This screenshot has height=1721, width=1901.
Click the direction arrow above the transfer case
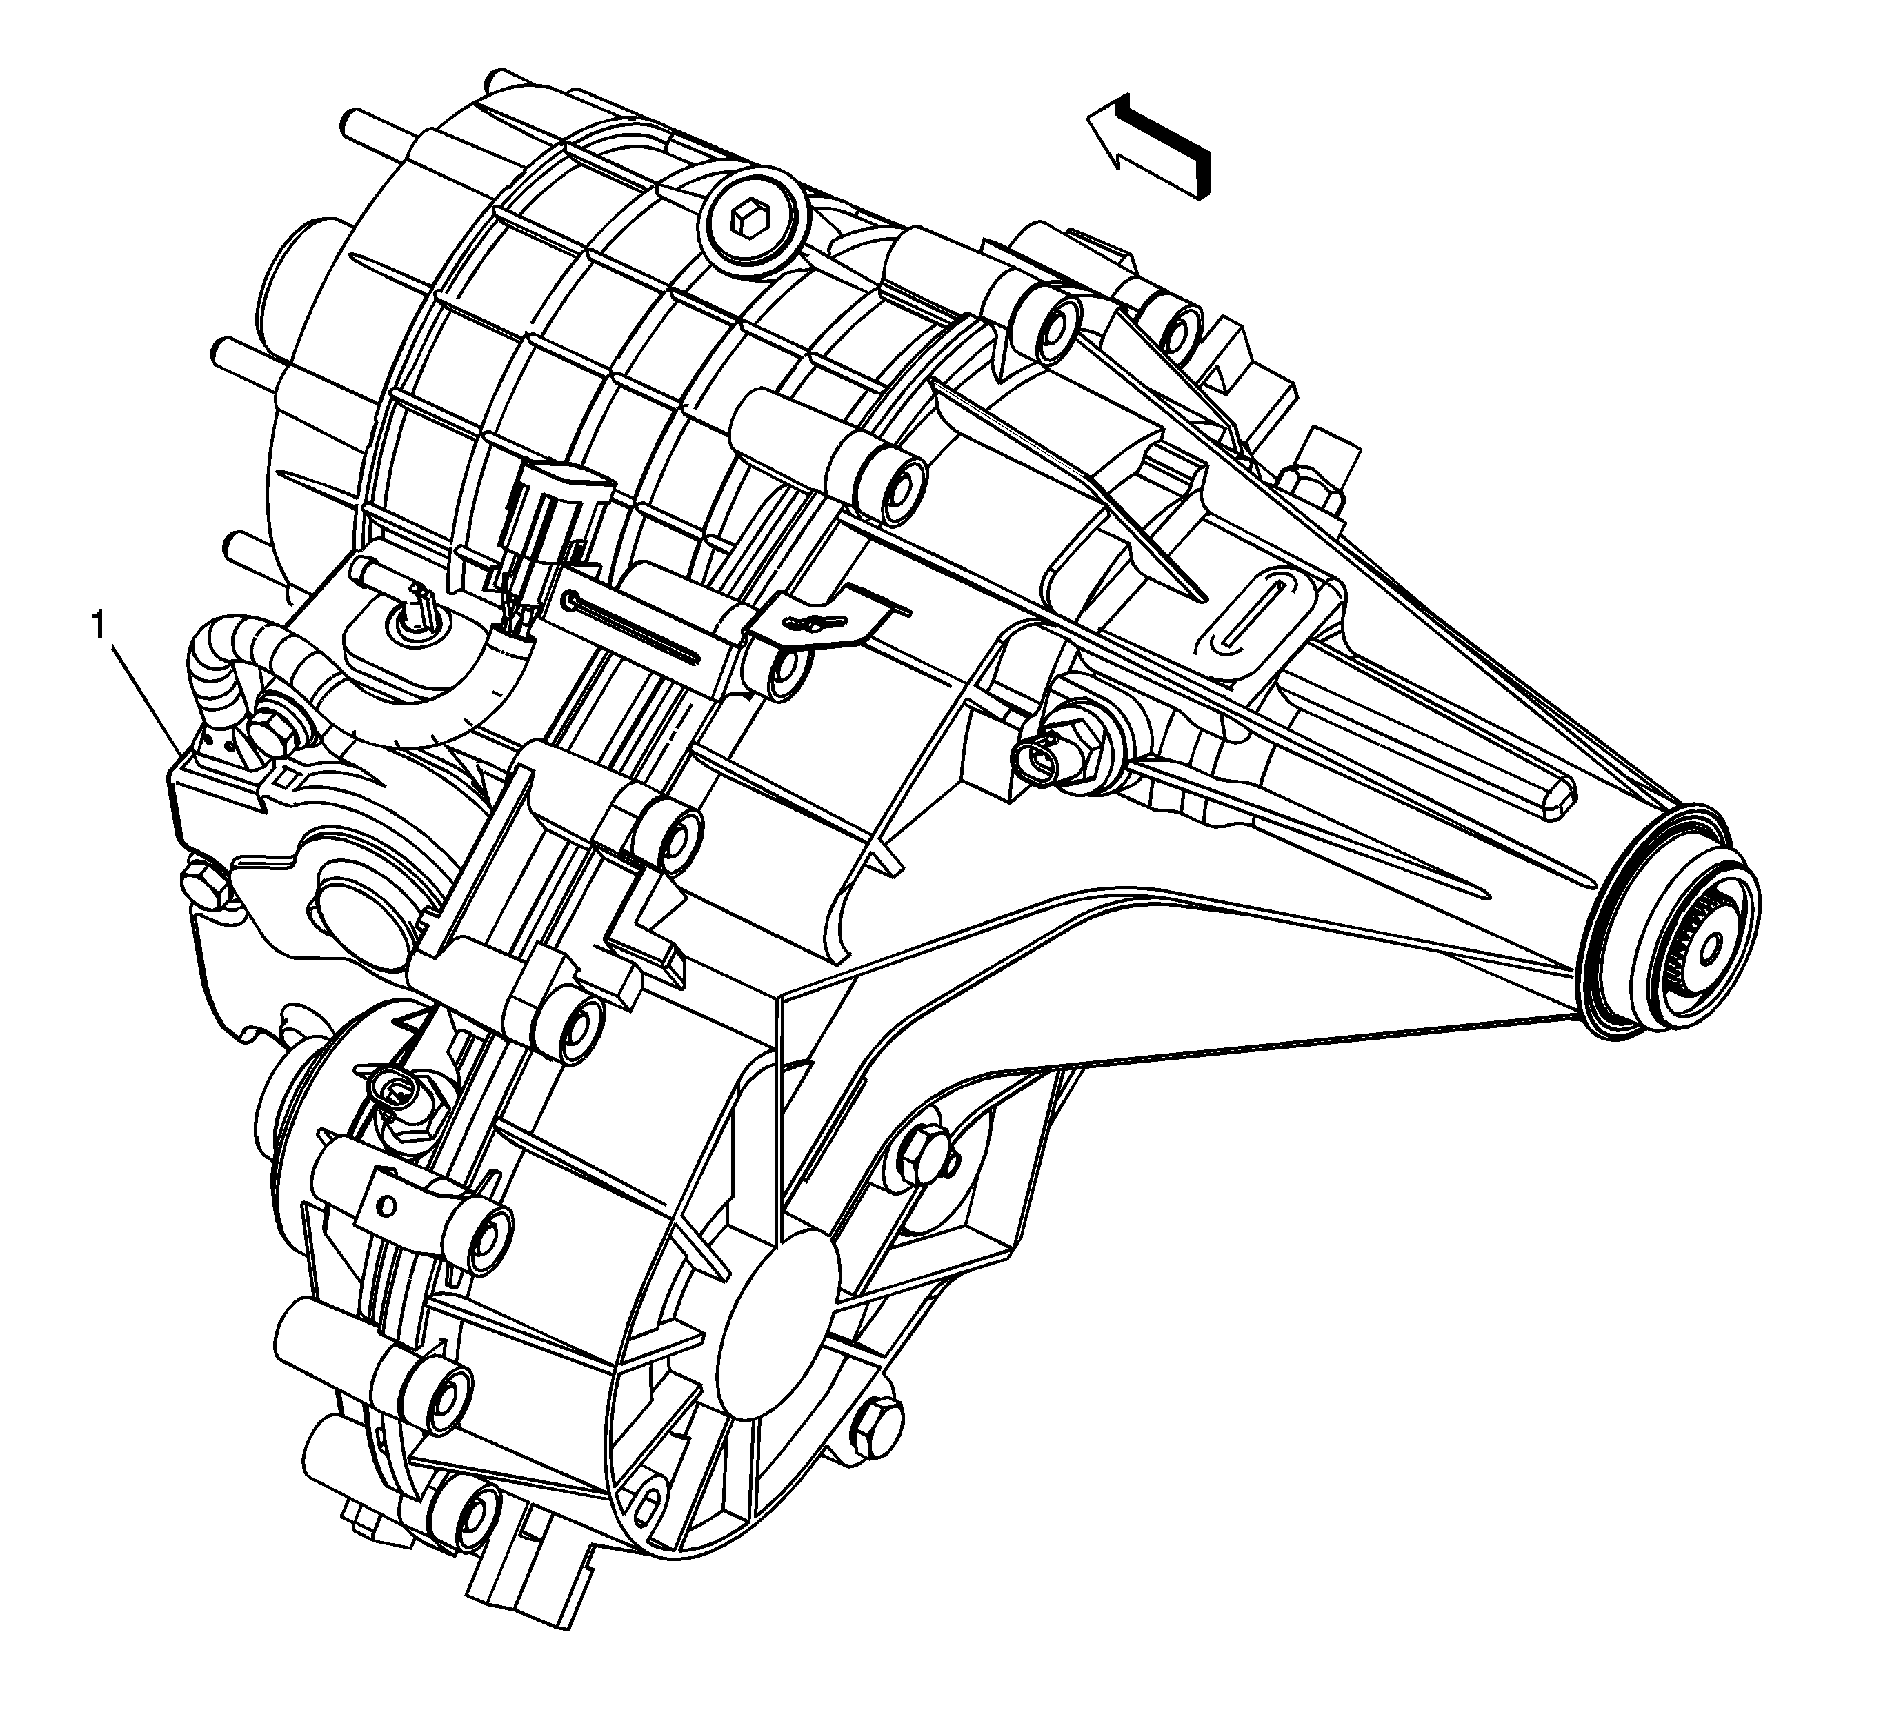click(1148, 144)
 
